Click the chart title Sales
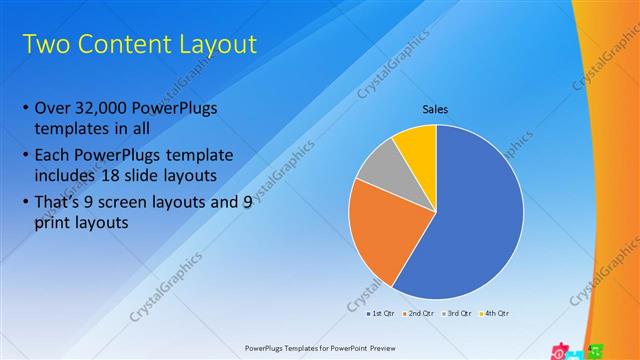coord(435,109)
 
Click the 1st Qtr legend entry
coord(380,314)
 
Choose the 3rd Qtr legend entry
coord(454,314)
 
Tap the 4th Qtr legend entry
coord(492,314)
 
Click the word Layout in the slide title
coord(213,45)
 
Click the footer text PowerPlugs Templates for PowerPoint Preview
coord(320,349)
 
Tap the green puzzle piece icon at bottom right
coord(595,350)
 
